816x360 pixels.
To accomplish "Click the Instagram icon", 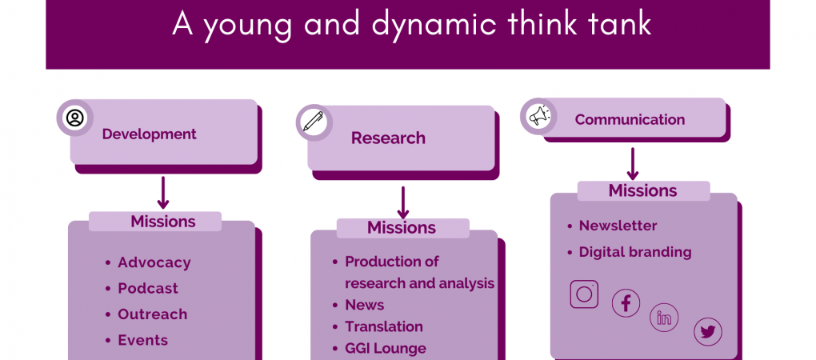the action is pos(585,294).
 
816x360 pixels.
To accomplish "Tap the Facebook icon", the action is pos(626,302).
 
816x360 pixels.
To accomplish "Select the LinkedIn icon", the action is pos(664,318).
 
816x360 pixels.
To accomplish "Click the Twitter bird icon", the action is pos(708,332).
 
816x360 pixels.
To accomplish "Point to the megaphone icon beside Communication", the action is pos(538,115).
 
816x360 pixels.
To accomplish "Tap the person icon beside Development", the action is pos(75,118).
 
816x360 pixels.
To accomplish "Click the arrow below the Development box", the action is pos(163,193).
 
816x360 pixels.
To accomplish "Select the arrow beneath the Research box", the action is pos(402,203).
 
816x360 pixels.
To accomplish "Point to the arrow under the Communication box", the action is pos(633,164).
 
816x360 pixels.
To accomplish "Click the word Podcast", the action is pos(148,288).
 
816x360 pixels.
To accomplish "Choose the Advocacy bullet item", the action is pos(154,262).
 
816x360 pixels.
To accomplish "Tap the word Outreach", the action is pos(153,314).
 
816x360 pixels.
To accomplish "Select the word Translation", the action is pos(384,326).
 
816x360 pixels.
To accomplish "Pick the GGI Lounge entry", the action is pos(386,349).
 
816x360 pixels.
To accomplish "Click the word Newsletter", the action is pos(618,226).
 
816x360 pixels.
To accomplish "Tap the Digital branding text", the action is pos(635,252).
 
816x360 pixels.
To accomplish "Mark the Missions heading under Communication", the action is pos(643,190).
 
